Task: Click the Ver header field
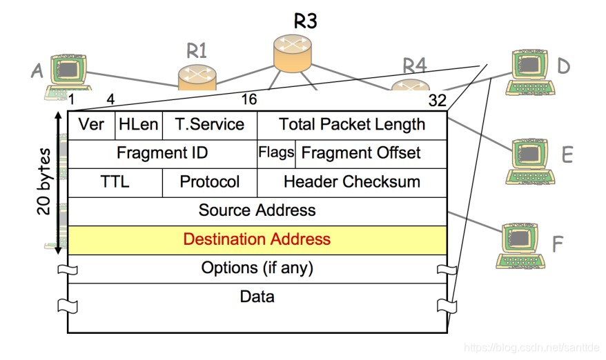[91, 125]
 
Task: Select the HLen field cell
[139, 125]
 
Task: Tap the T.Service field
[209, 125]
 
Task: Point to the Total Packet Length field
[352, 125]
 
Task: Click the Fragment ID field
[162, 153]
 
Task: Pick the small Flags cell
[276, 152]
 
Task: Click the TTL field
[115, 182]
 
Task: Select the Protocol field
[210, 182]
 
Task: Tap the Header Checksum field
[352, 182]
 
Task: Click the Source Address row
[257, 210]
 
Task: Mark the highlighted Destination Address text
[257, 239]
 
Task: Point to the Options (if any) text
[257, 268]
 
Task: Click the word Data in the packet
[257, 297]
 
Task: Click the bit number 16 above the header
[249, 99]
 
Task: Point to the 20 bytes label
[45, 181]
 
